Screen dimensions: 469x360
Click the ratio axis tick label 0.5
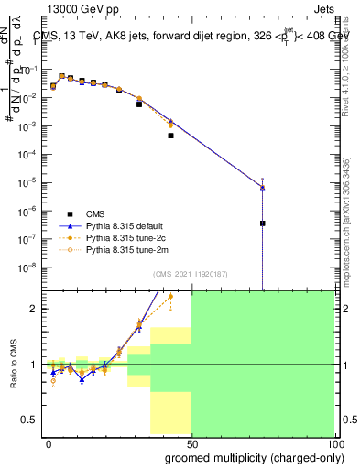point(30,420)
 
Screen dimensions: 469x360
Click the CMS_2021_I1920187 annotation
point(189,273)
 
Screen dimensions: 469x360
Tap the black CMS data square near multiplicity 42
point(171,136)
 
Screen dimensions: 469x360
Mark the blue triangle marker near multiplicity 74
point(262,188)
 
